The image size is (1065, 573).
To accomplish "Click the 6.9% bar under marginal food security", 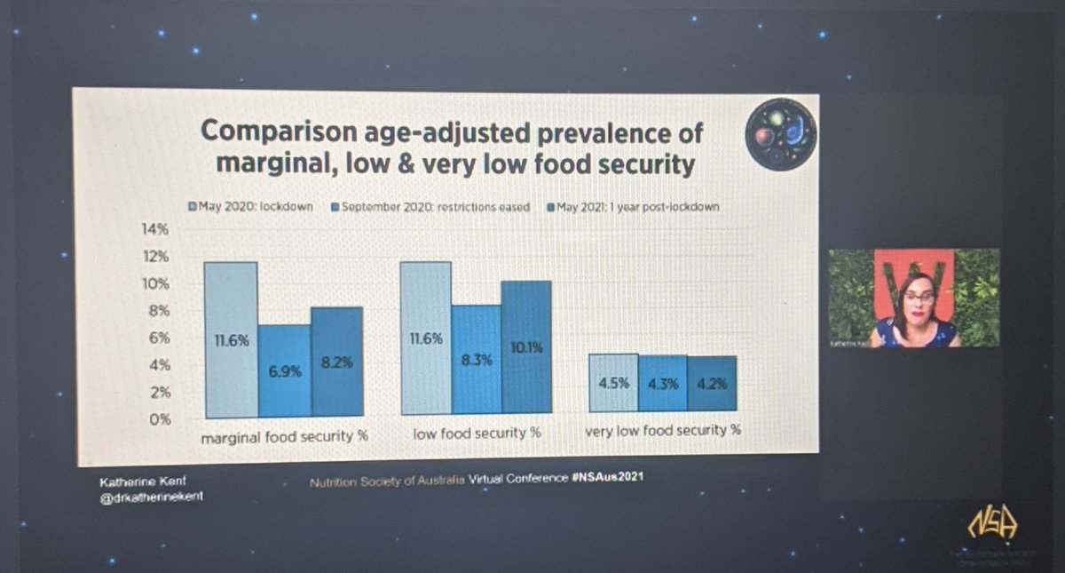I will tap(285, 370).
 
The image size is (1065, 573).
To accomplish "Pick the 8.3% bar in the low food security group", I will tap(476, 360).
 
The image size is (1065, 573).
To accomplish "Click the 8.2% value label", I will tap(338, 362).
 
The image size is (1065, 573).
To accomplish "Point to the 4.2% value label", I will tap(711, 386).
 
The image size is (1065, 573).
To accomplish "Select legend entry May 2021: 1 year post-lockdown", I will tap(633, 207).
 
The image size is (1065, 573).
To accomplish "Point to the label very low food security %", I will tap(663, 431).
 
